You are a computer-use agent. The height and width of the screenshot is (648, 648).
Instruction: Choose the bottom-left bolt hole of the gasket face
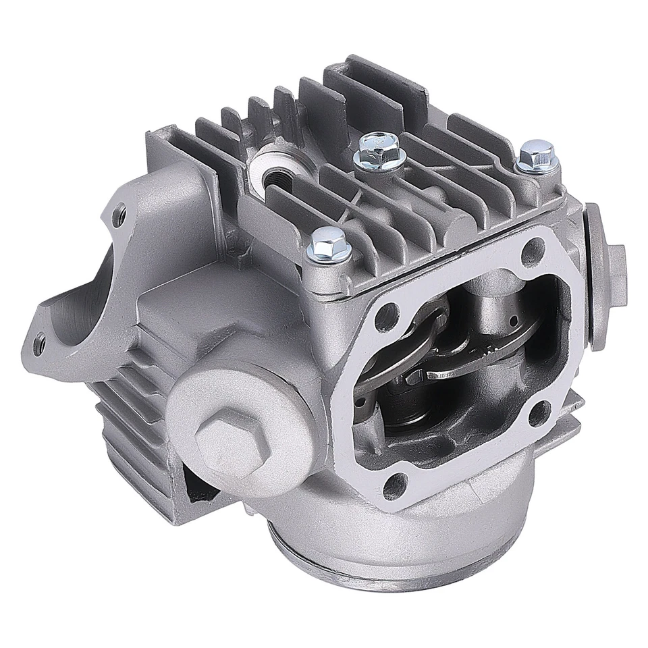pos(400,482)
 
